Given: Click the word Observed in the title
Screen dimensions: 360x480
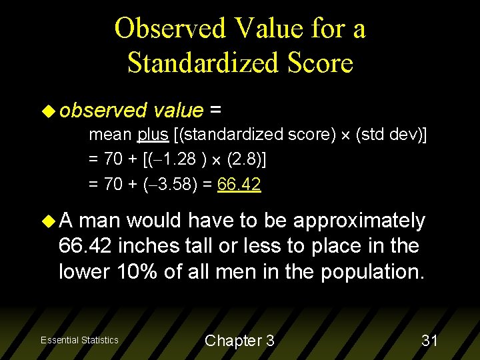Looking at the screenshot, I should (x=170, y=29).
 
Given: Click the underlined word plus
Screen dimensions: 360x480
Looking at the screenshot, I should (x=153, y=135).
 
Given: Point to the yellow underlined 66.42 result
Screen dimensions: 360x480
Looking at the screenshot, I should (x=239, y=184).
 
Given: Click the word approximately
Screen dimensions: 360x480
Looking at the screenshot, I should (x=359, y=221).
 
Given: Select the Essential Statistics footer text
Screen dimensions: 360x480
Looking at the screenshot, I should (x=79, y=340).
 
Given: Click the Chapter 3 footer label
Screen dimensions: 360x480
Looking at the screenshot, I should (x=239, y=341).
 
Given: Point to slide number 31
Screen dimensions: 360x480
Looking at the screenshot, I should (x=429, y=341).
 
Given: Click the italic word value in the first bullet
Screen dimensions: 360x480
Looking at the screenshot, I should (x=178, y=110).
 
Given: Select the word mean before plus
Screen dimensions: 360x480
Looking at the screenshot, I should (x=111, y=135).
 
